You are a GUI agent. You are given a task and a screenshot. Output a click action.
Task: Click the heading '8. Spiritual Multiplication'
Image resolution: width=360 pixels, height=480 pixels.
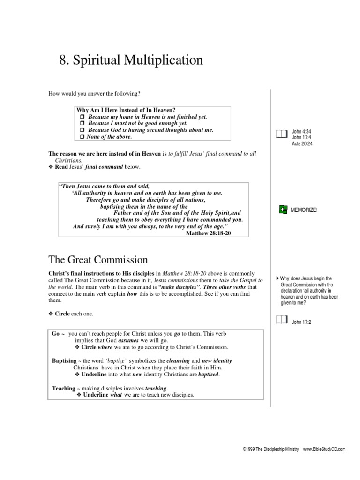click(131, 60)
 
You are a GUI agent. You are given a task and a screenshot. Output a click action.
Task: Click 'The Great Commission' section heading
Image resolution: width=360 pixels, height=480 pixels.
click(98, 259)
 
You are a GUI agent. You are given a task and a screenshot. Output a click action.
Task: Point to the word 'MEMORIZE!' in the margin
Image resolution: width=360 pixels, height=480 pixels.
click(305, 210)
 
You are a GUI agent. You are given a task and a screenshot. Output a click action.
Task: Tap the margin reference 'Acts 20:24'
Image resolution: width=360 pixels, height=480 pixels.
click(302, 144)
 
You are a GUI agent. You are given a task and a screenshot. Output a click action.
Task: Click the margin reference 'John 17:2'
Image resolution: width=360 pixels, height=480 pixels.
click(301, 322)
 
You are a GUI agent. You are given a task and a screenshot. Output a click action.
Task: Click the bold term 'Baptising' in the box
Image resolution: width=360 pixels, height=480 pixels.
click(64, 361)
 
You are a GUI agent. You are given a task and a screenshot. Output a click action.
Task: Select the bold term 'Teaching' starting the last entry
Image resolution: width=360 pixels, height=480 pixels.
click(64, 388)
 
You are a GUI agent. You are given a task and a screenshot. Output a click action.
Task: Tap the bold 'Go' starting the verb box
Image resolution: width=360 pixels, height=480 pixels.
click(56, 333)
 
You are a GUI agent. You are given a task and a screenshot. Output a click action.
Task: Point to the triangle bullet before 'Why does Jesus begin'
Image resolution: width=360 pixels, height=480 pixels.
click(277, 278)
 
